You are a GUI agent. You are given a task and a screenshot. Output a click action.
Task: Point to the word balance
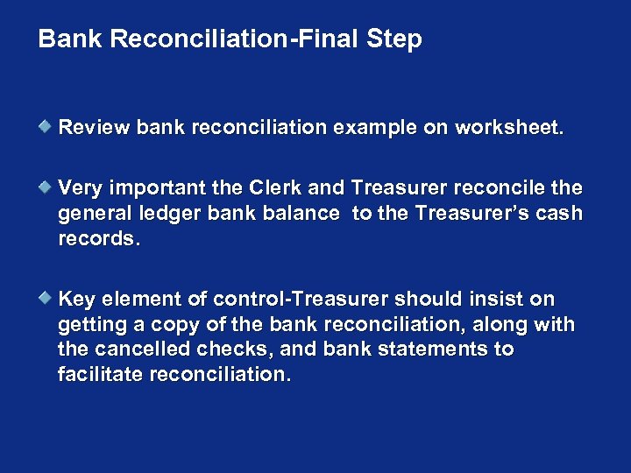301,214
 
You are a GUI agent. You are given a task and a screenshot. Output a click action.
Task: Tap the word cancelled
134,349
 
